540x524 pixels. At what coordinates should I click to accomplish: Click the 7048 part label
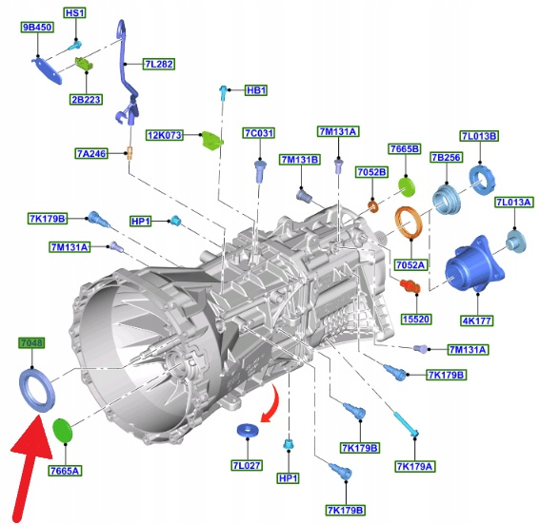[31, 342]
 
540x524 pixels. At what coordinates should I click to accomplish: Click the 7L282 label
[159, 64]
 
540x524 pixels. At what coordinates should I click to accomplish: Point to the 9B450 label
[37, 28]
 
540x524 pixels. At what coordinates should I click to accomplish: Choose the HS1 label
[74, 13]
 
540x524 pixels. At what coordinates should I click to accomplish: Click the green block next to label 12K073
[211, 141]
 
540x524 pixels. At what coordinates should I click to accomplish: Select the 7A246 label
[91, 153]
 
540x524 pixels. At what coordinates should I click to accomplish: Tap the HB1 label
[256, 90]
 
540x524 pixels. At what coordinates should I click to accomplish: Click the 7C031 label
[259, 133]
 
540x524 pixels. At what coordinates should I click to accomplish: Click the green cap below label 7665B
[407, 187]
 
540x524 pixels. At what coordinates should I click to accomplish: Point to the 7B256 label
[446, 158]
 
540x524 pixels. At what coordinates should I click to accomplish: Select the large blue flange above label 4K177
[474, 264]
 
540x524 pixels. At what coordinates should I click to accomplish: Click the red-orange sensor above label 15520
[410, 286]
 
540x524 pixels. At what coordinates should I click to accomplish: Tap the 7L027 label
[247, 465]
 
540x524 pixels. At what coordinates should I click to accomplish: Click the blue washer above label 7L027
[248, 430]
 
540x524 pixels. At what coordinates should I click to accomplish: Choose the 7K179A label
[414, 466]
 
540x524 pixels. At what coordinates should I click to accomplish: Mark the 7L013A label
[514, 203]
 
